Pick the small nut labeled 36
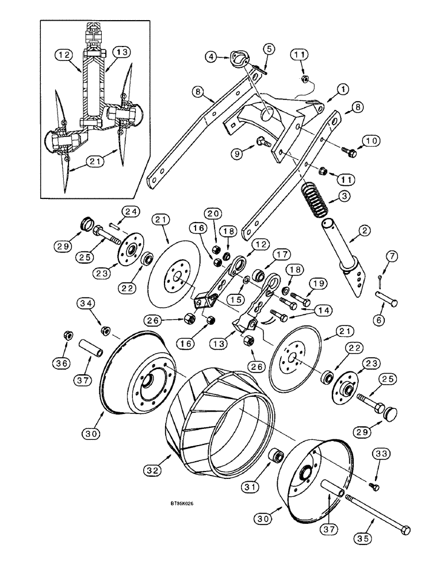pos(67,333)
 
